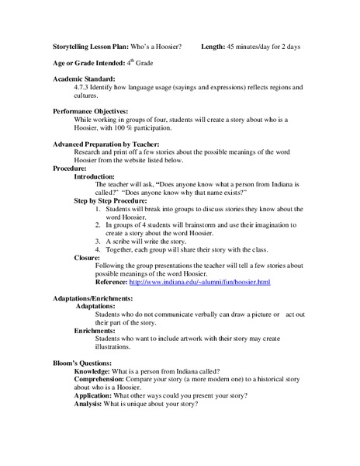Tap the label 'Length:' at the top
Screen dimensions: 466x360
(x=213, y=47)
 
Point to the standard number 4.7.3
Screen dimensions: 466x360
(x=83, y=89)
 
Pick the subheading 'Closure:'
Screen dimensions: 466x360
(x=87, y=257)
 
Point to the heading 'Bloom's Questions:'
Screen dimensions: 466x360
(x=86, y=363)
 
